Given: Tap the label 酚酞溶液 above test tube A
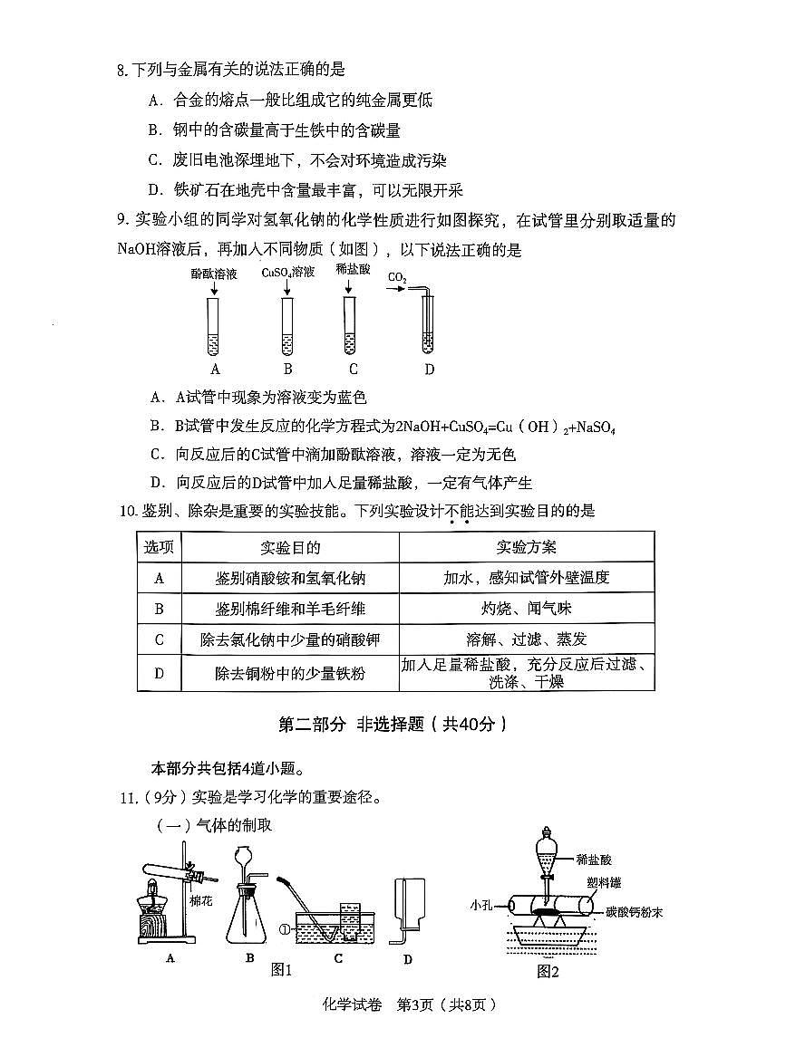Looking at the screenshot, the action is (x=214, y=273).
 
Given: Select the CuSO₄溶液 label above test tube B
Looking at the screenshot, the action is (x=287, y=273).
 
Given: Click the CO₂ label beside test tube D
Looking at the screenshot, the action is (x=397, y=277).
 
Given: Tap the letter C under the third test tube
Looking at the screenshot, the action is (x=353, y=369).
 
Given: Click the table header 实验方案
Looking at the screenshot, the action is (x=527, y=547).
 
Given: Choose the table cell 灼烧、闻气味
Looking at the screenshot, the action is (x=527, y=609).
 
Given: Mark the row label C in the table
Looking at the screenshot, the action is (x=160, y=640).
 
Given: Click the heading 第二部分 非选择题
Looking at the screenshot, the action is (x=392, y=725).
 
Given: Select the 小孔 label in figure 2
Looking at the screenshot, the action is (x=481, y=905).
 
